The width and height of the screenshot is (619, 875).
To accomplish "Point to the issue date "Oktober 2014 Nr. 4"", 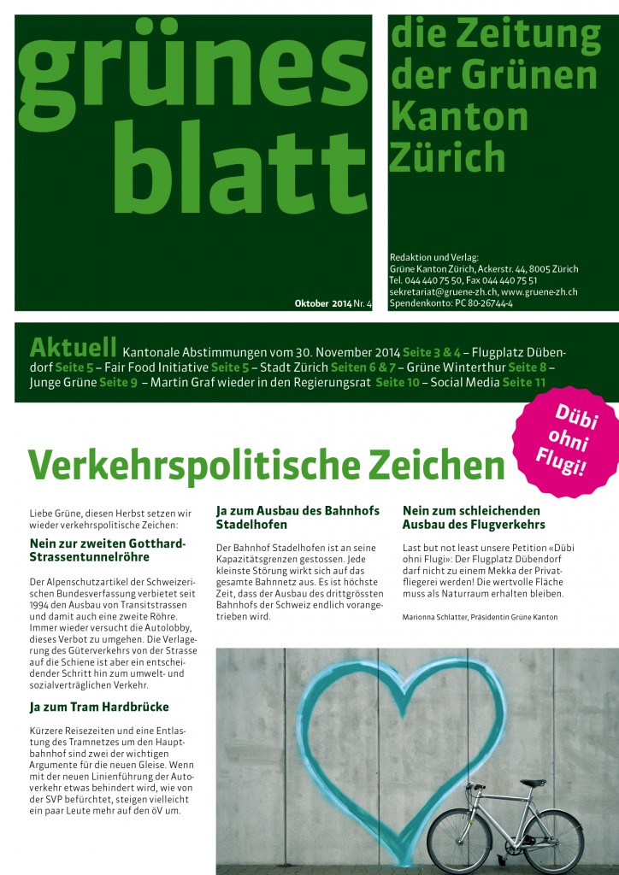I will [333, 303].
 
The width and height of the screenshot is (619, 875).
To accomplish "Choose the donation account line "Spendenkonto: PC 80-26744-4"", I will [451, 303].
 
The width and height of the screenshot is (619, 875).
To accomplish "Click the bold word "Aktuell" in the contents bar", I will [73, 348].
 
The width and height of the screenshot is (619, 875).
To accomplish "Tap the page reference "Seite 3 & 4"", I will [432, 352].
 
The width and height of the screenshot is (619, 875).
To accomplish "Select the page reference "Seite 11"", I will [524, 382].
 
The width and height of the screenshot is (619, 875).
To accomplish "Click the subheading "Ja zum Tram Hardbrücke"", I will [99, 707].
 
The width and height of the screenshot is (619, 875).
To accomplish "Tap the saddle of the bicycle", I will [533, 782].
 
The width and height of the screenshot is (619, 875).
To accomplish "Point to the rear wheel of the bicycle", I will [457, 840].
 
